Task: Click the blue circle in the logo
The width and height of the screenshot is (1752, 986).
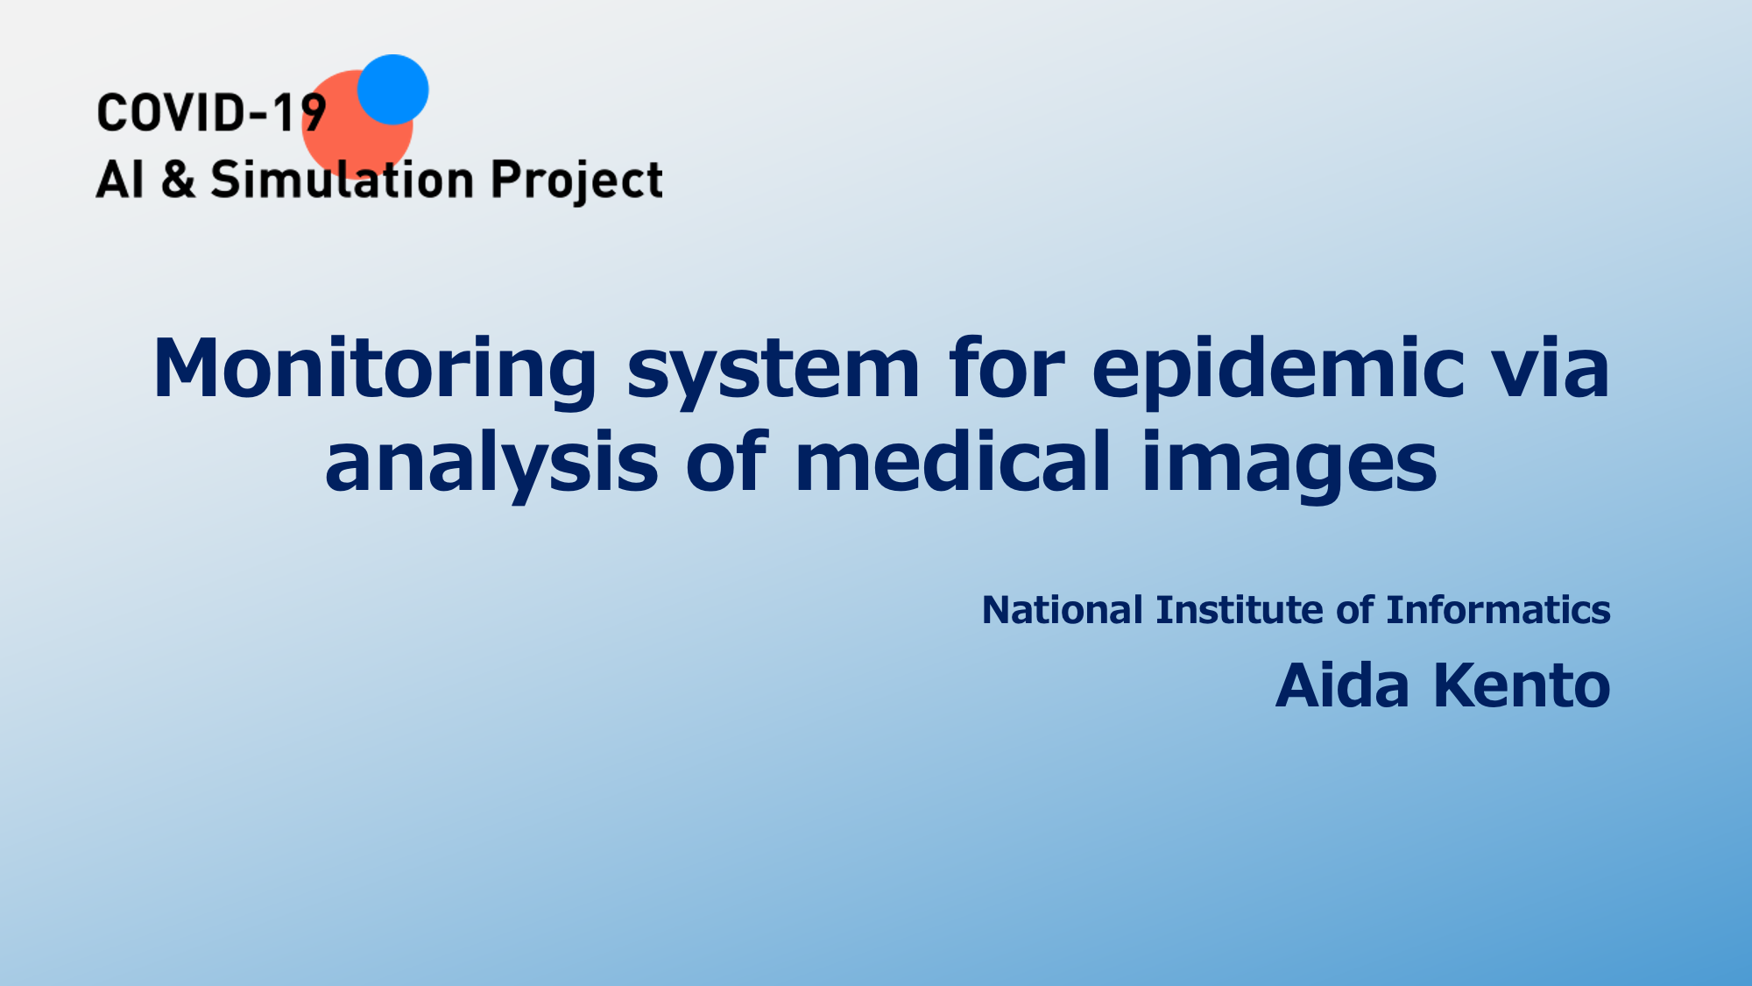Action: [x=392, y=89]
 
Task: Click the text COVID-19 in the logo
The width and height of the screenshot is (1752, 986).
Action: [x=211, y=113]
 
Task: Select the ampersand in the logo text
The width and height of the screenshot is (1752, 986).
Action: [x=179, y=179]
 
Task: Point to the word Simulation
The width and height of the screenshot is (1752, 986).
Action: [x=343, y=179]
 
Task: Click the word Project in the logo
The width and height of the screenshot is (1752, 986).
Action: [x=576, y=181]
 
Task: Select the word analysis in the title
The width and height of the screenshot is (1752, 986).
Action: [x=491, y=465]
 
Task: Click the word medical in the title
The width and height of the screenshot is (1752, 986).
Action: [x=953, y=461]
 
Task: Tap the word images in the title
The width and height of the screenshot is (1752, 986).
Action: [x=1289, y=465]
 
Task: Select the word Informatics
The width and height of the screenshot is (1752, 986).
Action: [x=1498, y=610]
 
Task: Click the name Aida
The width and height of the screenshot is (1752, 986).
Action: [x=1342, y=685]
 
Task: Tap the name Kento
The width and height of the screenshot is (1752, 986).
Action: [x=1522, y=685]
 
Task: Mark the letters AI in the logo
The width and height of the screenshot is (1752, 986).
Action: [x=120, y=179]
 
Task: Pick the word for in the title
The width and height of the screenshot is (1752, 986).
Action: [x=1007, y=368]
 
